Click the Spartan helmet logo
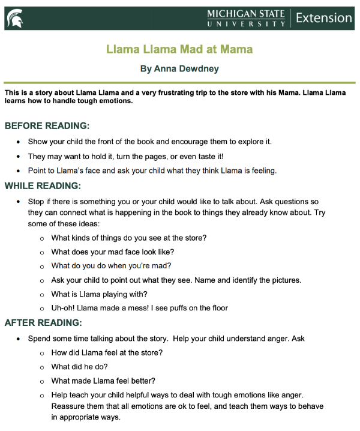coord(16,18)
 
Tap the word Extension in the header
coord(323,18)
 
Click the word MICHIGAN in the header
coord(231,13)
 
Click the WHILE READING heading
coord(43,185)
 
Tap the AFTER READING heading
coord(43,323)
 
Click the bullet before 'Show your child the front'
coord(19,142)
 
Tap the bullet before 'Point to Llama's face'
coord(19,171)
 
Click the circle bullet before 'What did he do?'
coord(42,367)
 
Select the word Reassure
coord(70,406)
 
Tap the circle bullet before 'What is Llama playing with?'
coord(42,294)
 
